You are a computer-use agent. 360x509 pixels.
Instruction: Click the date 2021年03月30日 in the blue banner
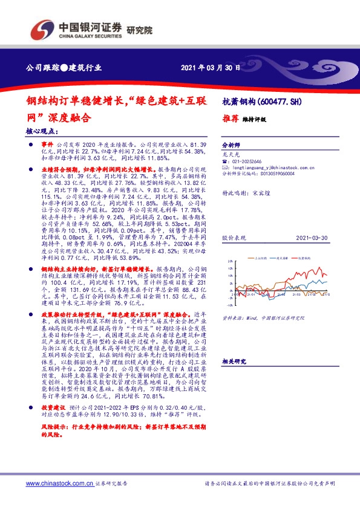(x=211, y=68)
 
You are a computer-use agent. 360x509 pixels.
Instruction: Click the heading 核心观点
(x=42, y=131)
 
